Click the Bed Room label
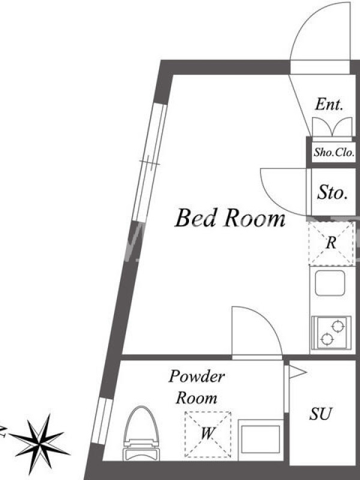pyautogui.click(x=230, y=218)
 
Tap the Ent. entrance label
pyautogui.click(x=329, y=104)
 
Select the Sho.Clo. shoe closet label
pyautogui.click(x=334, y=152)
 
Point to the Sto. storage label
pyautogui.click(x=332, y=192)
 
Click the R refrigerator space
pyautogui.click(x=331, y=243)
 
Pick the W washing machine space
pyautogui.click(x=208, y=434)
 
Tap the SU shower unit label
pyautogui.click(x=320, y=413)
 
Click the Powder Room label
pyautogui.click(x=197, y=387)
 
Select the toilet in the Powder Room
pyautogui.click(x=141, y=433)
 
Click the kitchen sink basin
pyautogui.click(x=330, y=283)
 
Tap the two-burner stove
pyautogui.click(x=332, y=333)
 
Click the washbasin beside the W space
pyautogui.click(x=260, y=439)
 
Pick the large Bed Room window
pyautogui.click(x=149, y=163)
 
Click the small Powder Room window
pyautogui.click(x=102, y=421)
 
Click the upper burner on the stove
pyautogui.click(x=337, y=326)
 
